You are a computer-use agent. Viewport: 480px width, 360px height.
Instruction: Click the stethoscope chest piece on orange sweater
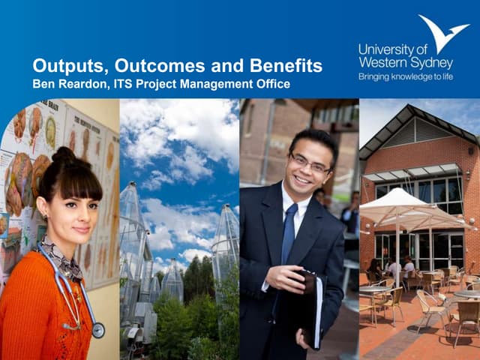pyautogui.click(x=97, y=330)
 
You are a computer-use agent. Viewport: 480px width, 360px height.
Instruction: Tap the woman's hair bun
pyautogui.click(x=63, y=157)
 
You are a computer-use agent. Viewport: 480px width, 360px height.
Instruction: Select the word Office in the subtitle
pyautogui.click(x=271, y=83)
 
